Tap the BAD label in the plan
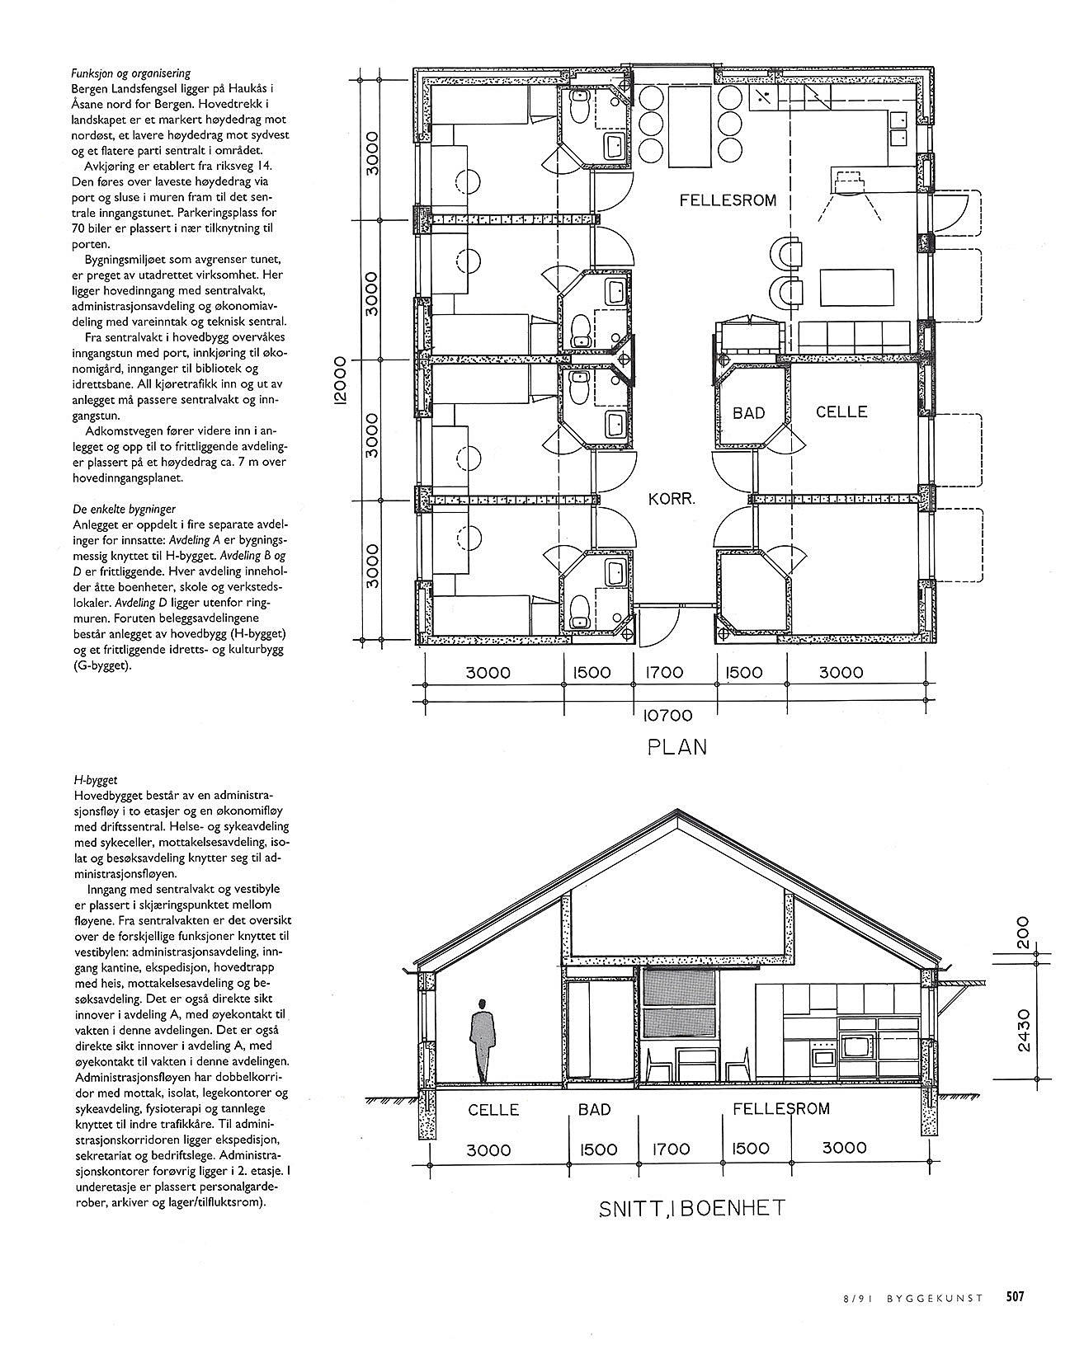pyautogui.click(x=748, y=412)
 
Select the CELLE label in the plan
pyautogui.click(x=841, y=411)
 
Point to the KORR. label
pyautogui.click(x=672, y=498)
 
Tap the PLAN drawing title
pyautogui.click(x=676, y=747)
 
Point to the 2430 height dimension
pyautogui.click(x=1025, y=1030)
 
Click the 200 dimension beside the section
pyautogui.click(x=1025, y=933)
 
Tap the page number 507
pyautogui.click(x=1014, y=1296)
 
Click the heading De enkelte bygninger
pyautogui.click(x=123, y=510)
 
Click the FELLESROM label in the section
pyautogui.click(x=780, y=1109)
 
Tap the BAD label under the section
pyautogui.click(x=594, y=1110)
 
